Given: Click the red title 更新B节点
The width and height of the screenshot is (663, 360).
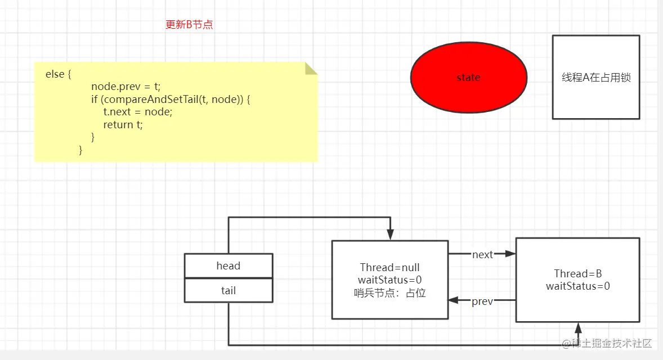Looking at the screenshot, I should (189, 25).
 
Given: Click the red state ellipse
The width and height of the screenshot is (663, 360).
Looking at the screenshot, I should (468, 78).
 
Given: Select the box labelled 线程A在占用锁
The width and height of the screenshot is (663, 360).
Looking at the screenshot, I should (595, 78).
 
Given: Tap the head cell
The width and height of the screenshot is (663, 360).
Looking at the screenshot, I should (228, 265).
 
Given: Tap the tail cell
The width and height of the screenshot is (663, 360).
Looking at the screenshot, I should (228, 290).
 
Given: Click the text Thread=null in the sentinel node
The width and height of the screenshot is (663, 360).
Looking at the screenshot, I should (389, 268).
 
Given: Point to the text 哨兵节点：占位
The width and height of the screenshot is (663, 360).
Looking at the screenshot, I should (389, 292).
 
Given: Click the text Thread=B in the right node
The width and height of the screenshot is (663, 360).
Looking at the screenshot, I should (577, 274).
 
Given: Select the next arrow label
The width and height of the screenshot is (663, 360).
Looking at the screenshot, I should (482, 255).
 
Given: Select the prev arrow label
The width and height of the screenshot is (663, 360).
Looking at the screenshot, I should (482, 301).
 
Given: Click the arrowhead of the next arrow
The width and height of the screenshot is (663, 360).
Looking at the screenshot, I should (511, 254).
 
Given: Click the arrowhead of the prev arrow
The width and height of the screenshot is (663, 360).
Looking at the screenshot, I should (453, 301).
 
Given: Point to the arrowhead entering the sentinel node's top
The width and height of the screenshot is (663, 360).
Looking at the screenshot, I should (389, 236).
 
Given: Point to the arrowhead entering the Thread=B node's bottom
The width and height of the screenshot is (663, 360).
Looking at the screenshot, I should (577, 327).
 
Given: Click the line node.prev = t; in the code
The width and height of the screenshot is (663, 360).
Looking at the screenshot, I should (126, 87).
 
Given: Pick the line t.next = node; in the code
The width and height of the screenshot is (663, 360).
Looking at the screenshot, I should (137, 112).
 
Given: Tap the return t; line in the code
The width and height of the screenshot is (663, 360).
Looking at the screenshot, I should (123, 125).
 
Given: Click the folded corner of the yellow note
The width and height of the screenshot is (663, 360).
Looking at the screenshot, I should (311, 68).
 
